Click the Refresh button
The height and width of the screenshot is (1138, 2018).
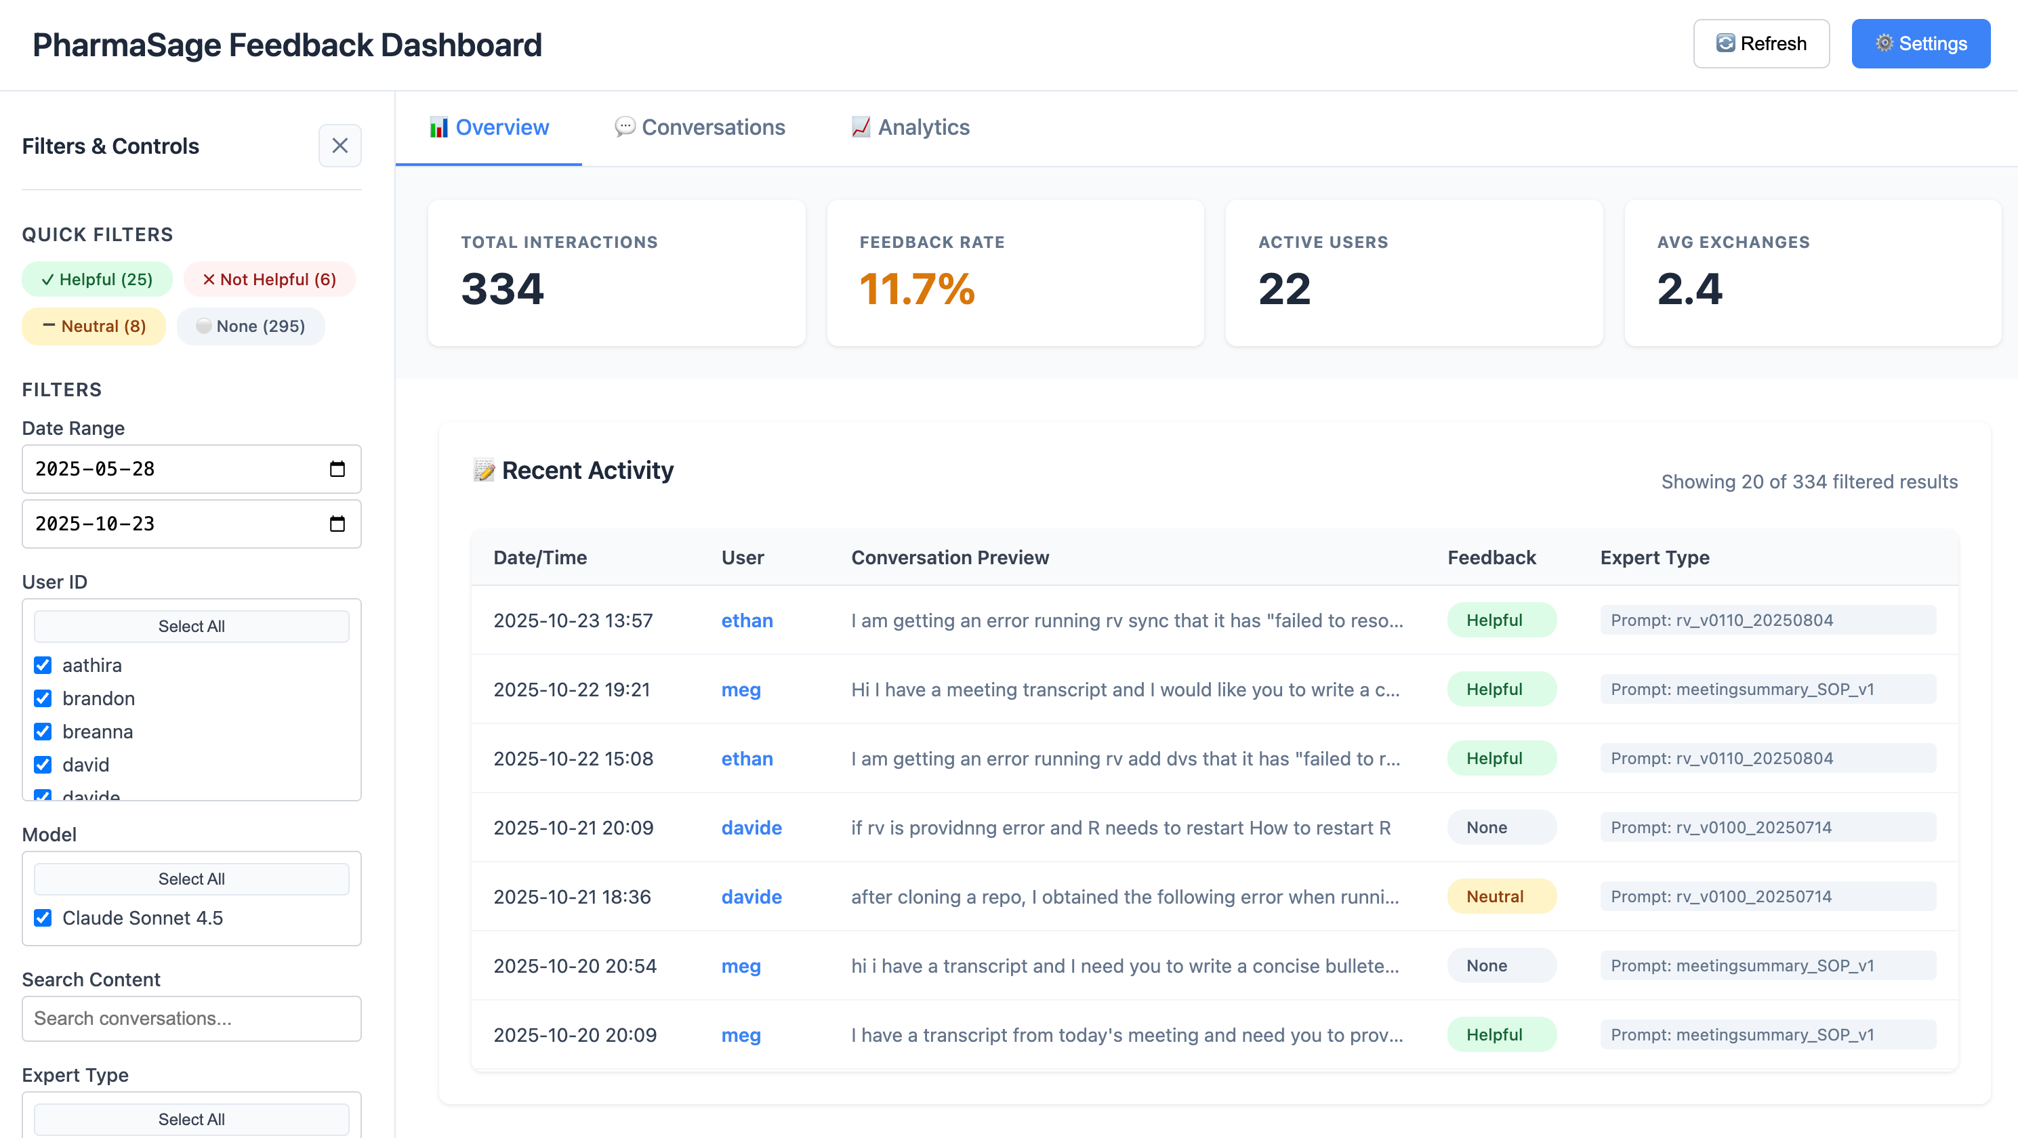coord(1761,44)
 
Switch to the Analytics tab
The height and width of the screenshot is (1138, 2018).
coord(910,127)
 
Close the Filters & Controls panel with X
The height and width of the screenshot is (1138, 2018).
coord(339,146)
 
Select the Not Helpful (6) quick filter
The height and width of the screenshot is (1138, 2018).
coord(270,280)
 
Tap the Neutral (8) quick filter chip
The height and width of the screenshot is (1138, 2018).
coord(94,326)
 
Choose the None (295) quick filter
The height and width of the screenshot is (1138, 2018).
coord(251,326)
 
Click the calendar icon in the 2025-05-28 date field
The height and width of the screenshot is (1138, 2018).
coord(337,469)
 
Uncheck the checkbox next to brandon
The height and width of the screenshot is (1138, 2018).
coord(43,698)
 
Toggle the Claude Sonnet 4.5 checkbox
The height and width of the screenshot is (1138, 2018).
coord(43,918)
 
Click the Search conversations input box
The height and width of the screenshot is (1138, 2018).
coord(191,1018)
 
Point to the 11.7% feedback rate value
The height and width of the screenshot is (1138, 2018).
coord(917,289)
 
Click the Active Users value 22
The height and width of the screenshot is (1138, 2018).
coord(1284,289)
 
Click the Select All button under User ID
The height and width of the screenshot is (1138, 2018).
coord(191,627)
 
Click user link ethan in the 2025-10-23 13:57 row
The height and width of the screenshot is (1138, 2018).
coord(747,620)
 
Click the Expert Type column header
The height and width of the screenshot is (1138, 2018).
coord(1655,557)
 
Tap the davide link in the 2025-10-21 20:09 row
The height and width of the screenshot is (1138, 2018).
coord(751,828)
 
